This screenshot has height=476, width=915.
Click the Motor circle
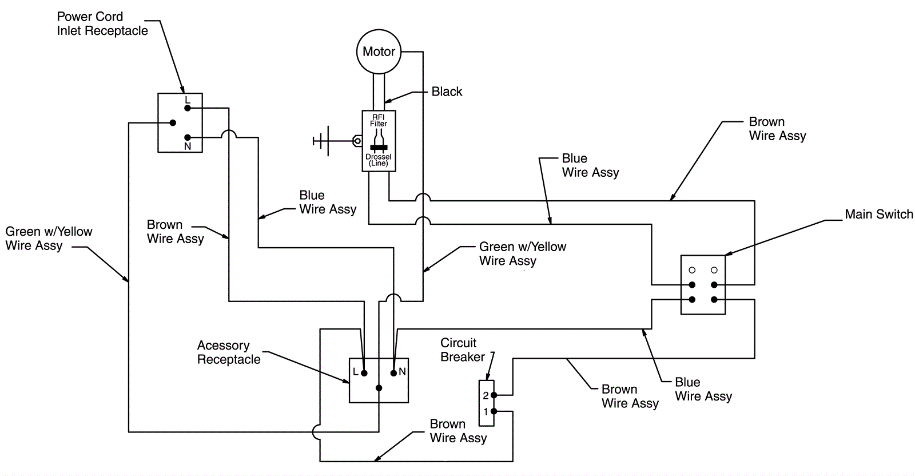coord(379,51)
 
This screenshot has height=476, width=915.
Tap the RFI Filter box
coord(379,141)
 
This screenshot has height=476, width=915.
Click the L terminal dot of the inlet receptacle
coord(188,108)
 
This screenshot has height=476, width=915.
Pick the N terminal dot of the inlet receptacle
coord(188,137)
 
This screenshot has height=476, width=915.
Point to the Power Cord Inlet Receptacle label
coord(102,24)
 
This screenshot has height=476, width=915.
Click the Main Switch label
coord(878,215)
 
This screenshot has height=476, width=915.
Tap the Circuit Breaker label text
coord(462,350)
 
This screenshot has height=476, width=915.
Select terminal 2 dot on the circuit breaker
coord(494,395)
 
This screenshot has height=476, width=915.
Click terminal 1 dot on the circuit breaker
coord(494,411)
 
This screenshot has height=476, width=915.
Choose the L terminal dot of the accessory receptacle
coord(364,373)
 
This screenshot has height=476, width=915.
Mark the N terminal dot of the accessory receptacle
coord(393,373)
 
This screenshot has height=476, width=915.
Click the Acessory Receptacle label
coord(228,352)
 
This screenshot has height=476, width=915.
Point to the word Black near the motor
coord(447,92)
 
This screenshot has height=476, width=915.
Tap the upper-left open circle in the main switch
coord(692,270)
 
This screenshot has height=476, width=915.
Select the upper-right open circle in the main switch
coord(714,270)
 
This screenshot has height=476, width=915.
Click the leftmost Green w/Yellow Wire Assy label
coord(49,239)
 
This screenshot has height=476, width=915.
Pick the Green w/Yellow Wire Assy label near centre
coord(522,253)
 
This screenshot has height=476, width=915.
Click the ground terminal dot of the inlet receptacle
coord(172,122)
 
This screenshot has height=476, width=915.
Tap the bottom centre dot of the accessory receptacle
coord(379,388)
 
